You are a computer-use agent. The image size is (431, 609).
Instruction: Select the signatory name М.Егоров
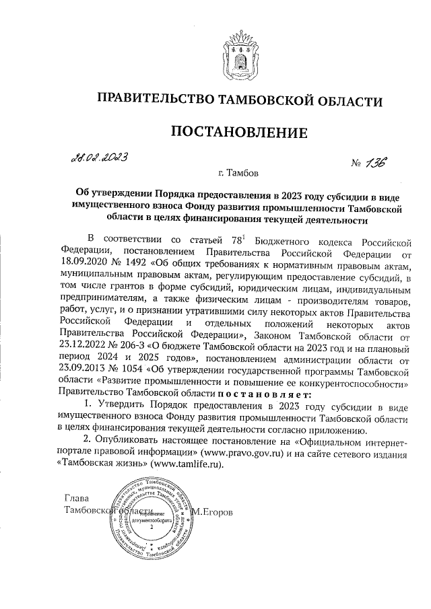coord(213,513)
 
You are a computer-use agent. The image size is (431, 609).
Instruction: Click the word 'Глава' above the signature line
coord(76,499)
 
